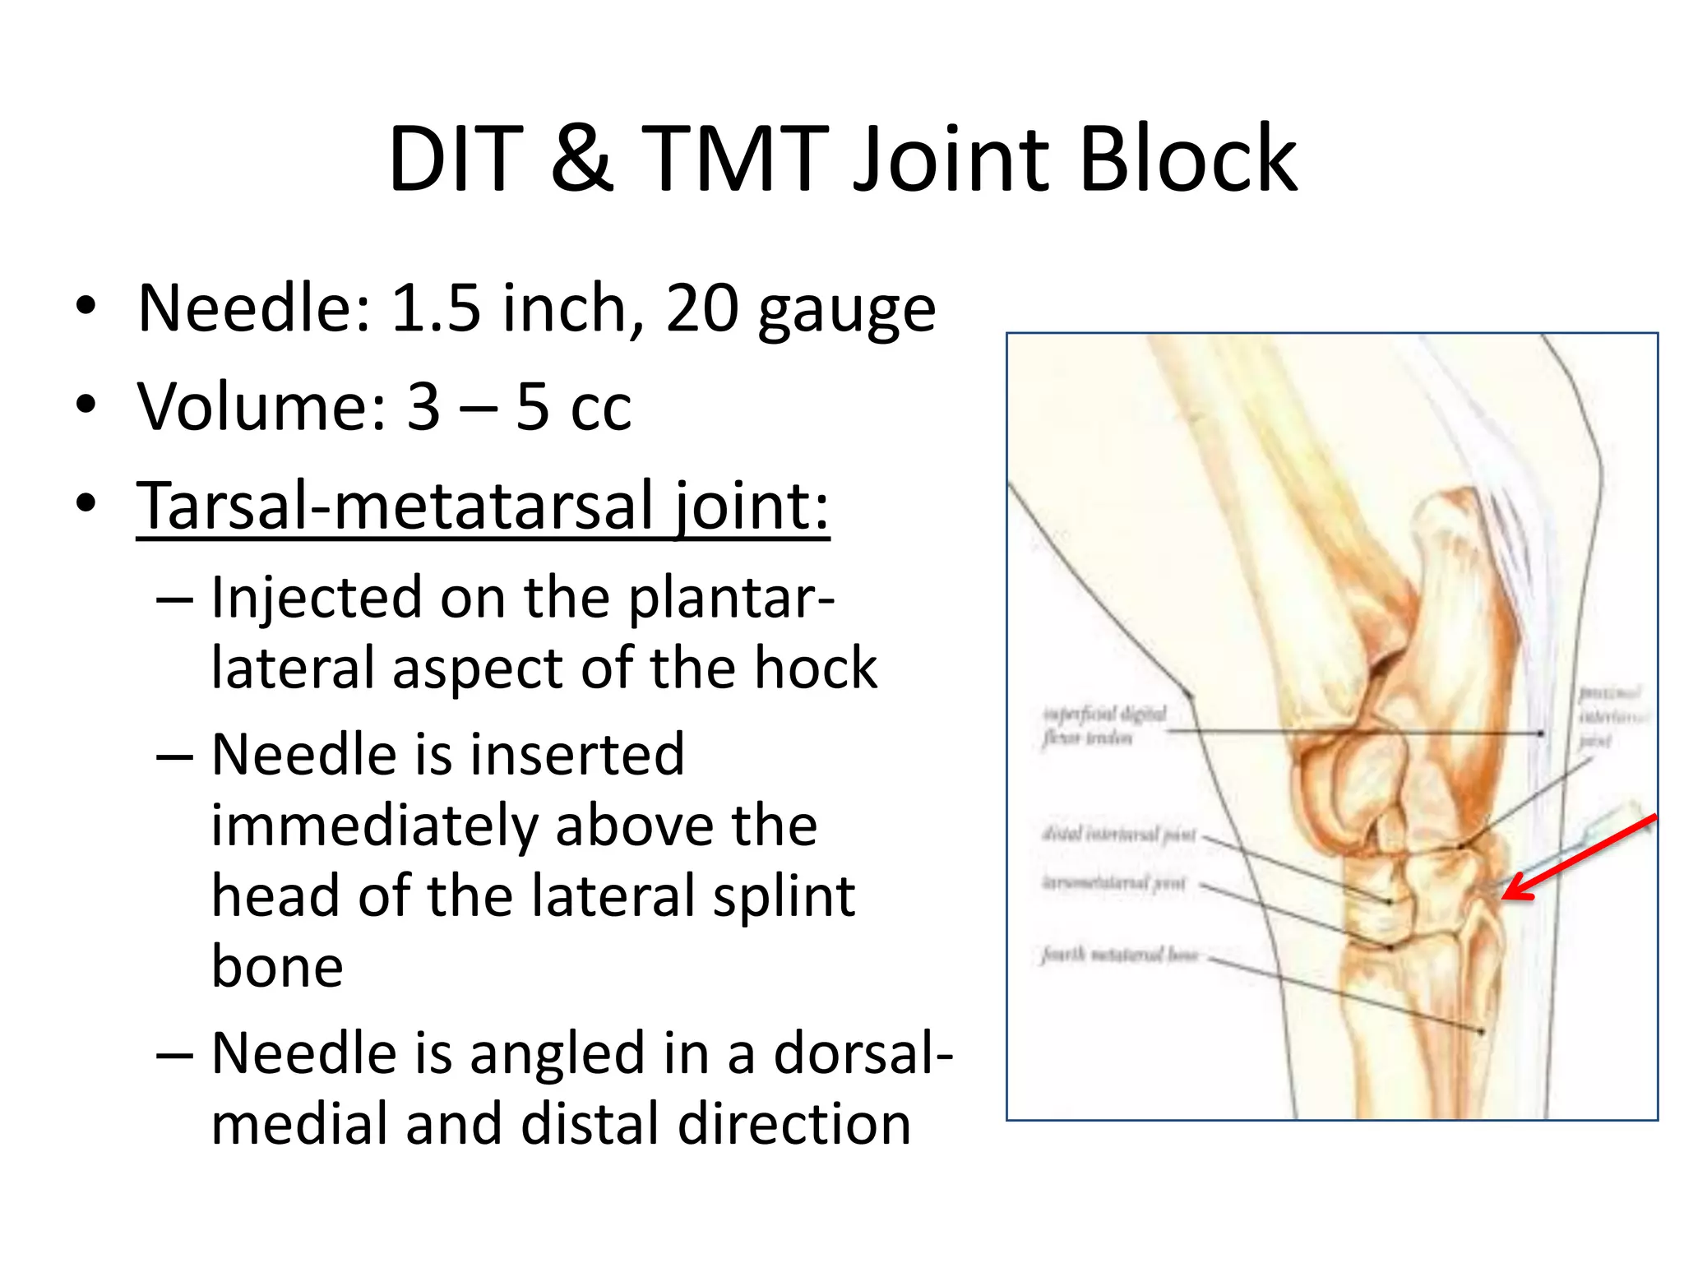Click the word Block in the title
click(x=1187, y=159)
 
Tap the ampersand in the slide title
click(x=581, y=159)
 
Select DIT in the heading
click(x=456, y=159)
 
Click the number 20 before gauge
click(x=701, y=308)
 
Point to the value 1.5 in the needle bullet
click(x=435, y=308)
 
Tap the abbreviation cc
click(x=601, y=408)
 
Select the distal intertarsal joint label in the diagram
click(x=1118, y=835)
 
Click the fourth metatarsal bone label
click(x=1119, y=955)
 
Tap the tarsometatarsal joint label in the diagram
click(x=1113, y=883)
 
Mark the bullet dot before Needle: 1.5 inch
click(x=86, y=308)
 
